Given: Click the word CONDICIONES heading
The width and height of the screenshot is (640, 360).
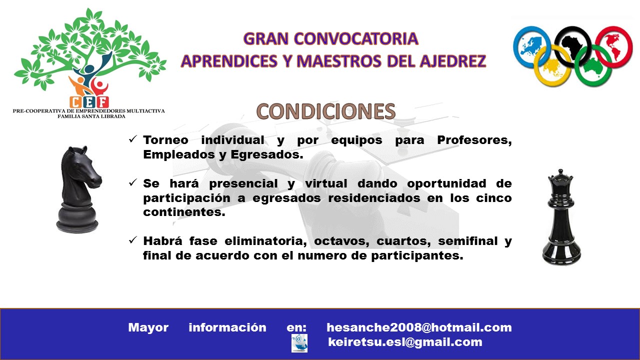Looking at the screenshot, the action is (x=325, y=111).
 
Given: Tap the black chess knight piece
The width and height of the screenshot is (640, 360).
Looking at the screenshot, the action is (x=78, y=189).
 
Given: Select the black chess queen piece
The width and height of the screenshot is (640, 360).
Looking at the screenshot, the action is (x=561, y=216).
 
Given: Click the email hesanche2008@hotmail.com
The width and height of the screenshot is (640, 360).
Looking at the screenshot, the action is (x=419, y=327).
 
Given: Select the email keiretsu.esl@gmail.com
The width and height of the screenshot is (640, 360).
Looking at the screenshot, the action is (x=405, y=342).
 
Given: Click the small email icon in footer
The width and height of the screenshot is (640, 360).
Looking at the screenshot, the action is (x=299, y=343).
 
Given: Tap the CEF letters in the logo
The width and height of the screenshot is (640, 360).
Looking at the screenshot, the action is (x=89, y=102).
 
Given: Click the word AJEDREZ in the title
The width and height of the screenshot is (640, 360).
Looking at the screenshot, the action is (x=452, y=61).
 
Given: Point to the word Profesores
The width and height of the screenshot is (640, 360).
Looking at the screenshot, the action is (x=474, y=140).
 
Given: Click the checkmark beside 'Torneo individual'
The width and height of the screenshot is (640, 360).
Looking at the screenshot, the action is (x=133, y=139).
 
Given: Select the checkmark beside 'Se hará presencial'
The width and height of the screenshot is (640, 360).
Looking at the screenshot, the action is (x=133, y=183).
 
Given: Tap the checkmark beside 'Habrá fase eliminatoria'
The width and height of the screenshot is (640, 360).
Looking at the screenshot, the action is (x=133, y=240).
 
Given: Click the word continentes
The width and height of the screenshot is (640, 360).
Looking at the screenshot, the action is (x=184, y=212).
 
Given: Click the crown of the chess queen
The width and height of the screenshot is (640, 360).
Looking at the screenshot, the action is (x=560, y=176).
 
